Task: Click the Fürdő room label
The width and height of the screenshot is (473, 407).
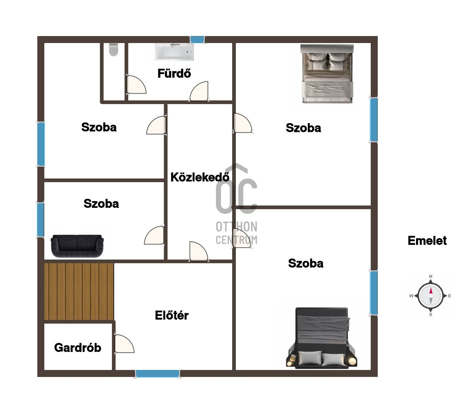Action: (174, 73)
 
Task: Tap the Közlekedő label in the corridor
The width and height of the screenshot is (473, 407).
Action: (200, 177)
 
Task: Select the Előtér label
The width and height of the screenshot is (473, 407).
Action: (172, 315)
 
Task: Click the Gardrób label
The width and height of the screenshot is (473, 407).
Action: (78, 348)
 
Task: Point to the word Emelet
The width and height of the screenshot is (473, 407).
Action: (427, 241)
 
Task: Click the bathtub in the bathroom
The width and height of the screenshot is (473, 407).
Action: (174, 52)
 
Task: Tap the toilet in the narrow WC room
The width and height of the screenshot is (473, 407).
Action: (114, 49)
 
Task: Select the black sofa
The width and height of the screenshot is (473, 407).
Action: (77, 246)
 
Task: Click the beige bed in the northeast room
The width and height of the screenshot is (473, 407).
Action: (327, 74)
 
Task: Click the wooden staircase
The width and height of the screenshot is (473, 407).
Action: (79, 292)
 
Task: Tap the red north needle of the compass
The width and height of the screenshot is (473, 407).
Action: (431, 291)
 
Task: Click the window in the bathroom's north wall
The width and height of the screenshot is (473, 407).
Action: (197, 39)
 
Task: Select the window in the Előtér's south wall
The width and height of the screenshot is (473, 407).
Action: (158, 374)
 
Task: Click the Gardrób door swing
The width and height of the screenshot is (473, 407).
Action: (124, 344)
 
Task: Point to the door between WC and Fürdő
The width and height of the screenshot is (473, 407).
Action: (136, 84)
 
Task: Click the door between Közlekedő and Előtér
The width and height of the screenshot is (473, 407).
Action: (199, 251)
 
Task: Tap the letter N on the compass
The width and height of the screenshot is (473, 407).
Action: (430, 276)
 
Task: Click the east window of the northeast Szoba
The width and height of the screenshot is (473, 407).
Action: (374, 119)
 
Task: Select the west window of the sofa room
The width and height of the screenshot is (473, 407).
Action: (41, 220)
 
